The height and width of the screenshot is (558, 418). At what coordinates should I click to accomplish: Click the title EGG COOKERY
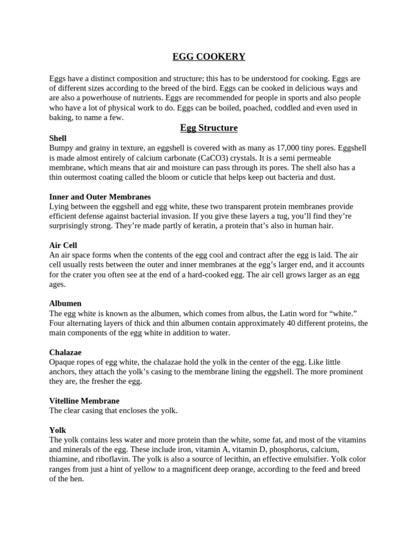point(209,57)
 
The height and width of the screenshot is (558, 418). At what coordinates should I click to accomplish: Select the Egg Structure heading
point(209,128)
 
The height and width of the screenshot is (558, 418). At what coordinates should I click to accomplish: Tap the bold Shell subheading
point(58,138)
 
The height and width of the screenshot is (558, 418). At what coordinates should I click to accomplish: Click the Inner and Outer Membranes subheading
point(100,197)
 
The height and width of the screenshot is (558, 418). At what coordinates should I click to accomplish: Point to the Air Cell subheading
point(63,245)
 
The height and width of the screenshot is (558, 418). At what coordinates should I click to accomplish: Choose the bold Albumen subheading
point(65,304)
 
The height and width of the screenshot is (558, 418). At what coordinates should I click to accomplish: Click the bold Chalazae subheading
point(65,353)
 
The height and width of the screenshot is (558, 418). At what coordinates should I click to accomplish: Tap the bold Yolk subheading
point(57,430)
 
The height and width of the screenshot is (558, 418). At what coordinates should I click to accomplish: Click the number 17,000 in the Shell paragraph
point(289,148)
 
